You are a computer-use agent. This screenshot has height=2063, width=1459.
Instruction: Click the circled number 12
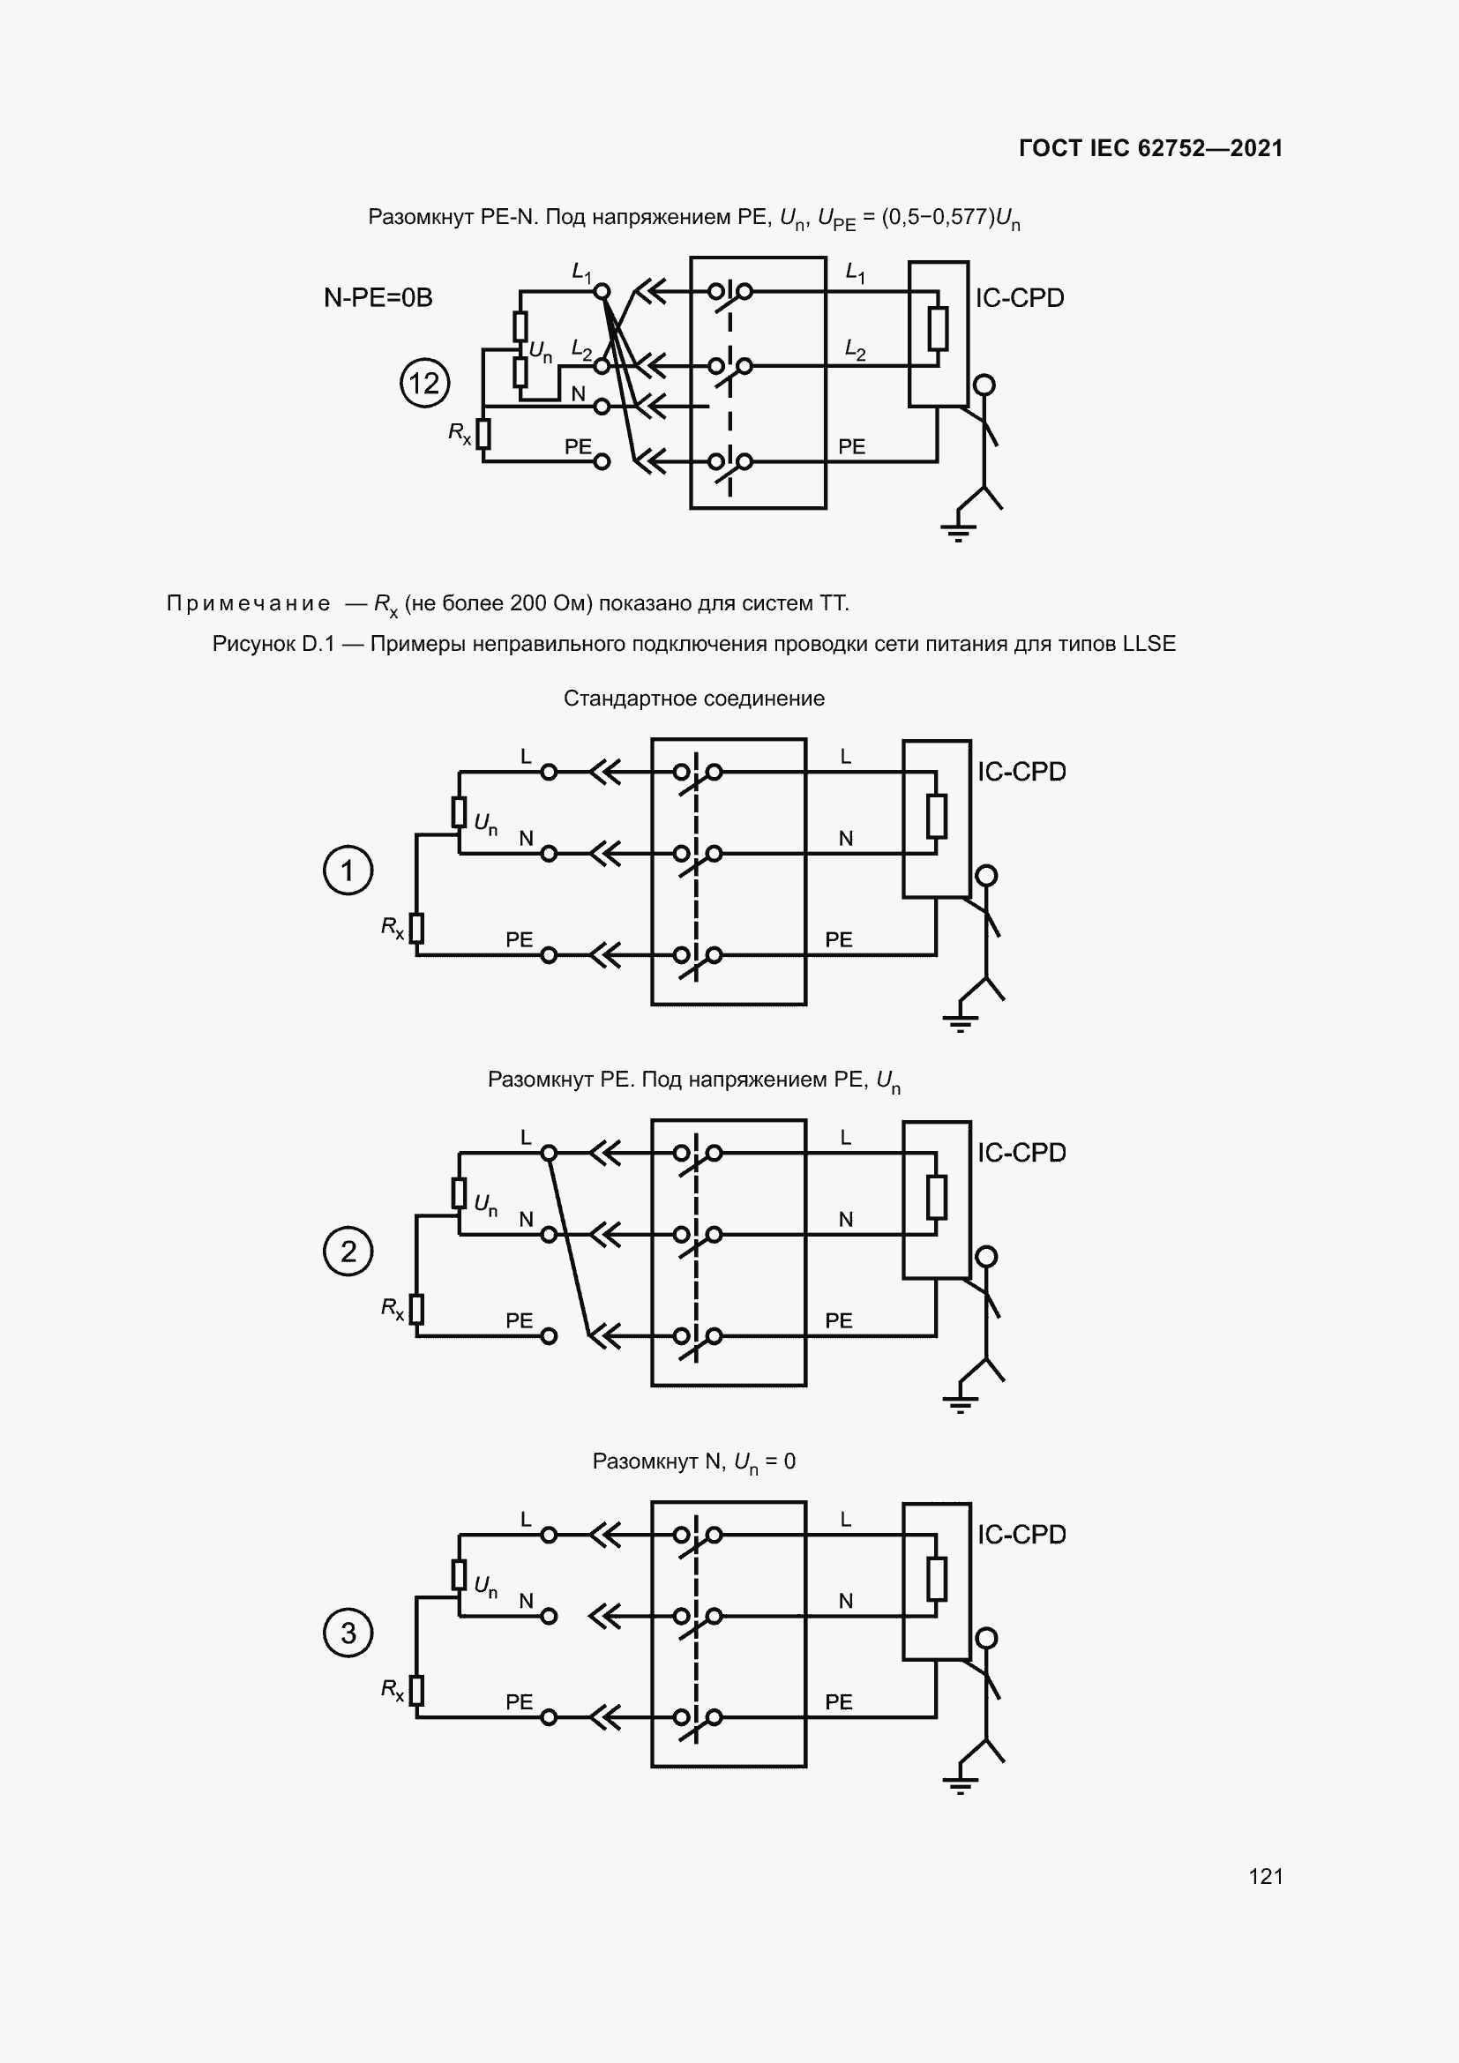click(x=424, y=384)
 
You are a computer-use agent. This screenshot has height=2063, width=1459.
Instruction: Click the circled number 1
click(x=348, y=870)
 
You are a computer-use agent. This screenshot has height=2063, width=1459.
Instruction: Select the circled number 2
click(x=348, y=1251)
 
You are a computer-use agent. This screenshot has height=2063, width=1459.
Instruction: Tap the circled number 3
click(x=348, y=1633)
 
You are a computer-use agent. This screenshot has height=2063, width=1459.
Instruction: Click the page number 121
click(x=1265, y=1876)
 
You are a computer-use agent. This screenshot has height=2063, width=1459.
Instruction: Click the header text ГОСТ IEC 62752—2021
click(x=1150, y=148)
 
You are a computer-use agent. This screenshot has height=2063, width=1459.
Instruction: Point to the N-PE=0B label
click(x=378, y=297)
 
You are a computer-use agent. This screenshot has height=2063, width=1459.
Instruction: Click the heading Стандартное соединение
click(x=693, y=699)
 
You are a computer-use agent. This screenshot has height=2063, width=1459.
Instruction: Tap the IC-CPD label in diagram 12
click(x=1019, y=297)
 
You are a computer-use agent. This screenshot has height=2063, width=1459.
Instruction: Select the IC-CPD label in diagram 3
click(x=1021, y=1534)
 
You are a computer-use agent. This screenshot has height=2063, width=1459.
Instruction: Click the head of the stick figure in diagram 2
click(x=986, y=1256)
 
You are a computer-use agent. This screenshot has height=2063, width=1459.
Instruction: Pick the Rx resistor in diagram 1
click(x=416, y=928)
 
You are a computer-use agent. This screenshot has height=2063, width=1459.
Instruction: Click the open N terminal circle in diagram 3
click(x=549, y=1617)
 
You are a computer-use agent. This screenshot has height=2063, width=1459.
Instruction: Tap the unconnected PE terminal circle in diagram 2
click(x=549, y=1336)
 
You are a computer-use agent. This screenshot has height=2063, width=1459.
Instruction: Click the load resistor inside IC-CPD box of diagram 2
click(x=936, y=1197)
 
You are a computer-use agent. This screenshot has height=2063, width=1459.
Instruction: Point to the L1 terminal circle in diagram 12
click(x=602, y=291)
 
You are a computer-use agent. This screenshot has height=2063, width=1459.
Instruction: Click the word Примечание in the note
click(x=248, y=603)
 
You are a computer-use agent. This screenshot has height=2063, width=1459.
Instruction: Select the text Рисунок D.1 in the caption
click(x=273, y=643)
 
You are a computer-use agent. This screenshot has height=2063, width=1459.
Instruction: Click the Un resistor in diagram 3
click(x=459, y=1575)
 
